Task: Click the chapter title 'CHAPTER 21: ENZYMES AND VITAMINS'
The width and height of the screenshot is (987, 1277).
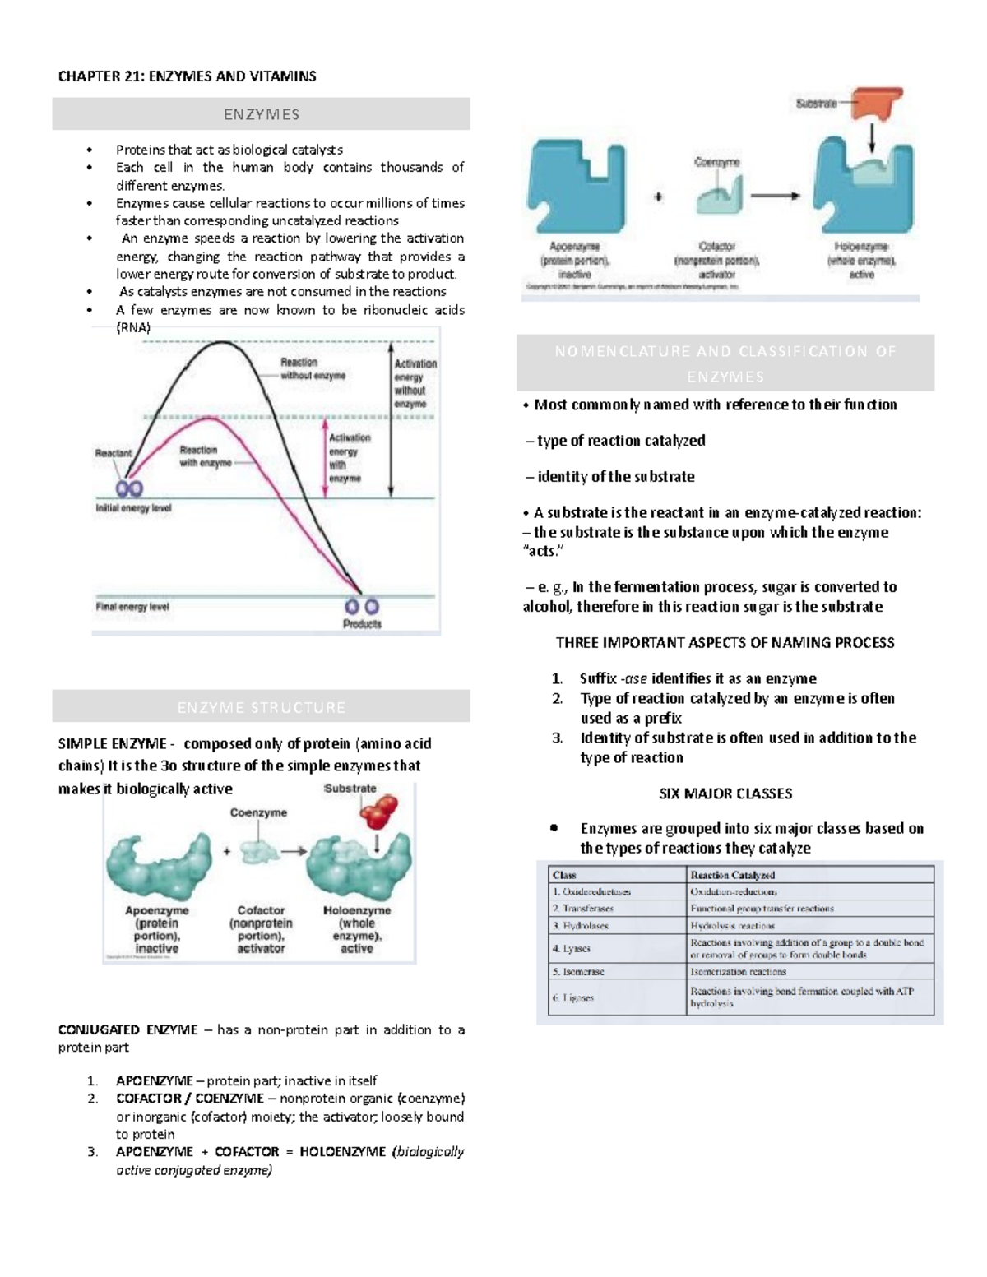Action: tap(187, 76)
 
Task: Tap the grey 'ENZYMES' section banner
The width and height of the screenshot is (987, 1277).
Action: tap(261, 114)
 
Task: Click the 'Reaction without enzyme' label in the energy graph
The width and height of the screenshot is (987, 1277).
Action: tap(313, 368)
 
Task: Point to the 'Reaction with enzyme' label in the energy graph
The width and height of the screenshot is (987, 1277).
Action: tap(205, 456)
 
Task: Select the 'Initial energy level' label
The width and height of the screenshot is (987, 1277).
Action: tap(133, 508)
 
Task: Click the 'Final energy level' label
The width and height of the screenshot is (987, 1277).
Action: tap(132, 607)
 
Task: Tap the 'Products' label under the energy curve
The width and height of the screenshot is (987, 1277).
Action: tap(362, 624)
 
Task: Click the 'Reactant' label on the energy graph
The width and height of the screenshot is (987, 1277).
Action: tap(113, 453)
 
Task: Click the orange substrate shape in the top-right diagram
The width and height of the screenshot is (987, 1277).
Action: tap(877, 104)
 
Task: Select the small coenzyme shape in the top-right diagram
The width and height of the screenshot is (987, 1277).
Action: tap(718, 197)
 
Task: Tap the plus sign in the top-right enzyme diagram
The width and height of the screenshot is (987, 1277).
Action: tap(658, 197)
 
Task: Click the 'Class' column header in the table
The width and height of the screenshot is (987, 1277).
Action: tap(564, 875)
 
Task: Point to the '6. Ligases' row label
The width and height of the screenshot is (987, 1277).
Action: tap(573, 997)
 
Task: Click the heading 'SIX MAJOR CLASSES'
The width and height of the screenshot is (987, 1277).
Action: tap(725, 793)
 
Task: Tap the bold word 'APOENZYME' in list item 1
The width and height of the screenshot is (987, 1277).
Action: tap(154, 1080)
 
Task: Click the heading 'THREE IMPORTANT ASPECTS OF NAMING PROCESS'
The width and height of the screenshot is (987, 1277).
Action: tap(725, 642)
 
